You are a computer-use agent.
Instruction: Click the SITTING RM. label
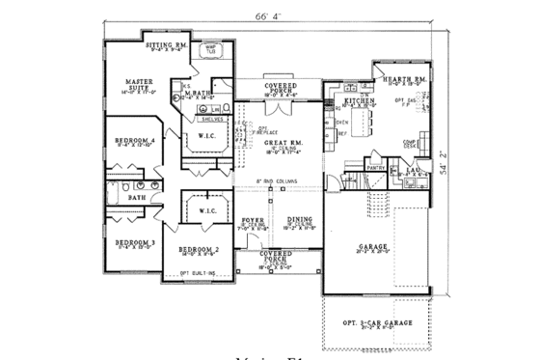pos(165,45)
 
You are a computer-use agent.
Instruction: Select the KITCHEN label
pos(358,99)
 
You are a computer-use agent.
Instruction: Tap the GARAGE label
pos(372,246)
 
